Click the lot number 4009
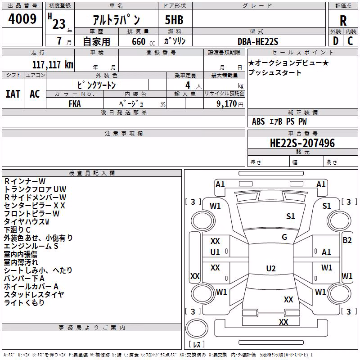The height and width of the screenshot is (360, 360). [x=22, y=19]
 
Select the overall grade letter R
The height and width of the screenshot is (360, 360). [x=343, y=21]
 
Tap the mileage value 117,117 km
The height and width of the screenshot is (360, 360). [x=53, y=65]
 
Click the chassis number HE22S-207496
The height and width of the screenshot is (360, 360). [x=302, y=143]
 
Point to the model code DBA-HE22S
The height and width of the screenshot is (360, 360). [x=258, y=41]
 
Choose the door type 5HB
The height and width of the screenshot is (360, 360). [x=174, y=20]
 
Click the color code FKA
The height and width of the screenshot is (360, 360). [x=75, y=104]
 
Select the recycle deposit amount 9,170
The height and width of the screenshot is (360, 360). [x=226, y=104]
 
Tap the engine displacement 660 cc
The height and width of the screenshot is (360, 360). [x=143, y=42]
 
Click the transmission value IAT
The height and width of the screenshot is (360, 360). [x=13, y=94]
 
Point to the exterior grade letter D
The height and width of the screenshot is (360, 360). [x=336, y=41]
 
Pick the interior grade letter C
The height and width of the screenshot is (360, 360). [x=350, y=41]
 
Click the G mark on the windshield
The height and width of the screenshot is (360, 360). [x=284, y=237]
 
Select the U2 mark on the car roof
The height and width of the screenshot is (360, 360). [x=271, y=268]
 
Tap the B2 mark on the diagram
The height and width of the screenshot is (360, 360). [x=347, y=240]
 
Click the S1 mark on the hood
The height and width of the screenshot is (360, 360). [x=290, y=216]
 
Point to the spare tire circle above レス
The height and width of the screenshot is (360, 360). [x=197, y=328]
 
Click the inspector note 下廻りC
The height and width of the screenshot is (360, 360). [x=17, y=230]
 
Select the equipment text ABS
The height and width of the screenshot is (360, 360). [x=258, y=121]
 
